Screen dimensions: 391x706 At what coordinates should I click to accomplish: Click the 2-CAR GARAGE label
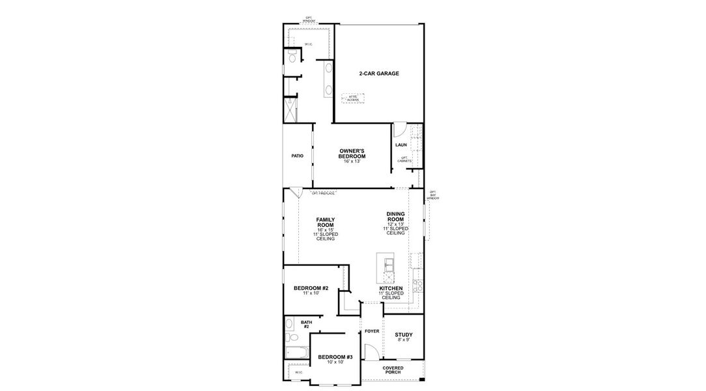click(x=378, y=74)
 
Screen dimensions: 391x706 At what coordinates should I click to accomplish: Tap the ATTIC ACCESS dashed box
click(x=352, y=98)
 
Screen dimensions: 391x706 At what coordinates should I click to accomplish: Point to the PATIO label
click(x=297, y=156)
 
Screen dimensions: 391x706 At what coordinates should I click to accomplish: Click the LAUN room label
click(x=401, y=145)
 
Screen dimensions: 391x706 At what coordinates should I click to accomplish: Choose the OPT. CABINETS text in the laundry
click(x=404, y=159)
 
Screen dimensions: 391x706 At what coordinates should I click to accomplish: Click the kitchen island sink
click(x=388, y=263)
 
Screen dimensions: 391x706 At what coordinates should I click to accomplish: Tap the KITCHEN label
click(x=391, y=288)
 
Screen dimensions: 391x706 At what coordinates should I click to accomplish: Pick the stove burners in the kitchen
click(x=417, y=285)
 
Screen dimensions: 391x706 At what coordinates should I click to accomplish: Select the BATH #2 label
click(x=306, y=324)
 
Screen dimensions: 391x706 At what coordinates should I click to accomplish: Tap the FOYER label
click(x=371, y=331)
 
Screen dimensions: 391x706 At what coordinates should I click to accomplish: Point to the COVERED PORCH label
click(x=393, y=370)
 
